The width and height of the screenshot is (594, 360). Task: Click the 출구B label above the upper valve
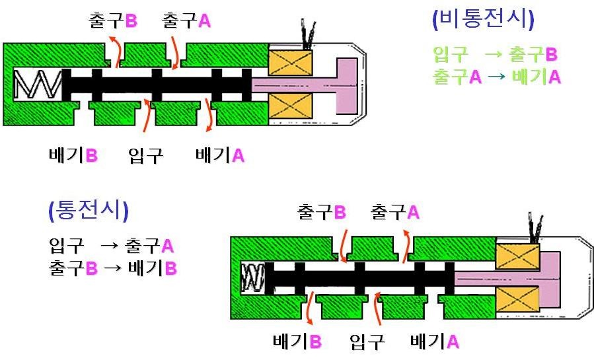coord(112,20)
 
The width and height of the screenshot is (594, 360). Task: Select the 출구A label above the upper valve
coord(186,20)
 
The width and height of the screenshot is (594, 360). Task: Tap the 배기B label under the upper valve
coord(73,155)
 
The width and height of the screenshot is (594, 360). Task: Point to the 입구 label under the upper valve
coord(146,155)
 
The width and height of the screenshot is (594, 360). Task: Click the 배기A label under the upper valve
coord(220,155)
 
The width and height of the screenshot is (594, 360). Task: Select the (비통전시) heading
coord(483,19)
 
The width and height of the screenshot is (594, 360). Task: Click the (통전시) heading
coord(89,211)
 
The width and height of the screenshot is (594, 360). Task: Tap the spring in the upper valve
coord(38,85)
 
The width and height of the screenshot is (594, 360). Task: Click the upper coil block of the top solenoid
coord(291,63)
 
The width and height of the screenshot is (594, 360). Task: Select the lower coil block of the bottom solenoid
coord(517,299)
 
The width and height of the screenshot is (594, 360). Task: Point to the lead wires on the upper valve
coord(308,35)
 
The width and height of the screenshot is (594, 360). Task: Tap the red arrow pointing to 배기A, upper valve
coord(208,115)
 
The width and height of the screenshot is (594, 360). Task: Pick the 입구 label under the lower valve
coord(367,342)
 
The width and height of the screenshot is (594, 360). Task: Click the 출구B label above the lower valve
coord(322,212)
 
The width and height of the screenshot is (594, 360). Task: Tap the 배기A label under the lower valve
coord(435,341)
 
